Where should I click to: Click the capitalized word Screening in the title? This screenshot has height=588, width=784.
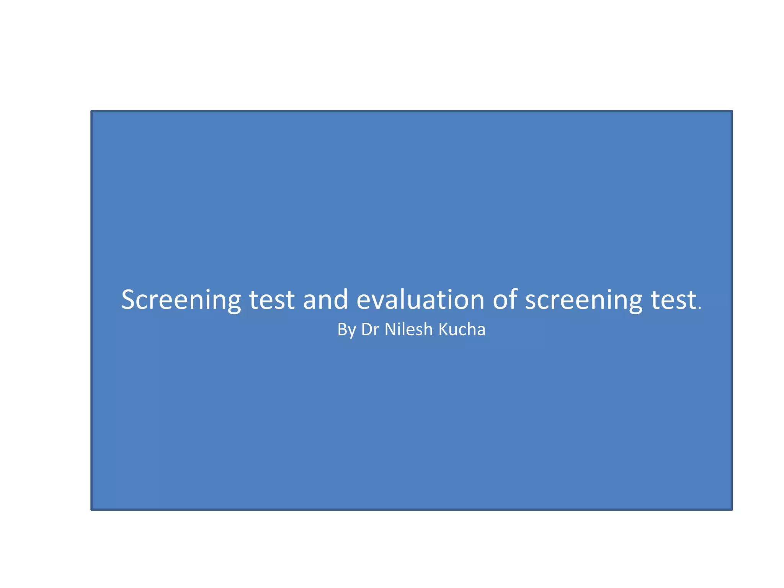[181, 300]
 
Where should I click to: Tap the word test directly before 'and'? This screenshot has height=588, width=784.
[272, 300]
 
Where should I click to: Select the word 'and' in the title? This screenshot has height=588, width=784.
[325, 300]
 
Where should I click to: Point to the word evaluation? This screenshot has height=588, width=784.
[420, 300]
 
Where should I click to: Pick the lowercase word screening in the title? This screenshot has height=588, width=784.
[583, 300]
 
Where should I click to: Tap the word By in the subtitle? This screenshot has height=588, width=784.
[346, 330]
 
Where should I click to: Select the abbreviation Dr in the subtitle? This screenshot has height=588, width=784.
[370, 330]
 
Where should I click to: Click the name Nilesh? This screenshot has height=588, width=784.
[408, 330]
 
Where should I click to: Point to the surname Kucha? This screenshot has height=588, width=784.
[462, 330]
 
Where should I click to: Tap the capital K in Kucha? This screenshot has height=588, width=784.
[443, 330]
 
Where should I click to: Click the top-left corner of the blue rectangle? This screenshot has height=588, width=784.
[91, 111]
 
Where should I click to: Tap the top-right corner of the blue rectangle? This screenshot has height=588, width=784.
[732, 111]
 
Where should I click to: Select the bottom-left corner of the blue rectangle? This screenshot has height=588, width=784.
[91, 509]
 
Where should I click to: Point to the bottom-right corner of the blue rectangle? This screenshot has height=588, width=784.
[732, 509]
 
